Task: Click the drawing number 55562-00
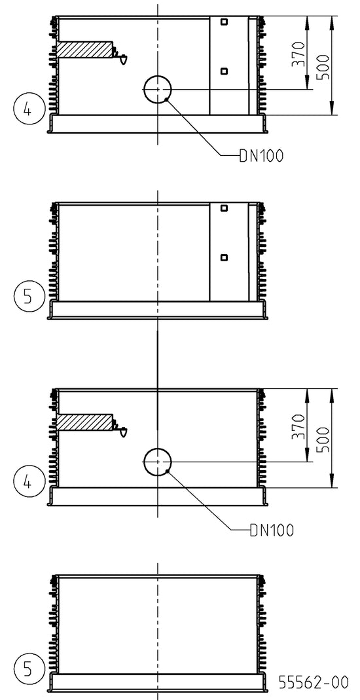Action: tap(313, 682)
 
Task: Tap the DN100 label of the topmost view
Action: tap(261, 156)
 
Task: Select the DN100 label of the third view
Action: tap(272, 530)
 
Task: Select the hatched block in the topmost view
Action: tap(84, 50)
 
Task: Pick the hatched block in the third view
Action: tap(84, 422)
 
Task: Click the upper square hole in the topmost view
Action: tap(225, 22)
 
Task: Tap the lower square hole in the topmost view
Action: tap(225, 71)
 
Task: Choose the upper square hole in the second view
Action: tap(225, 208)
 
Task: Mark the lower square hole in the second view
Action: tap(225, 257)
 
